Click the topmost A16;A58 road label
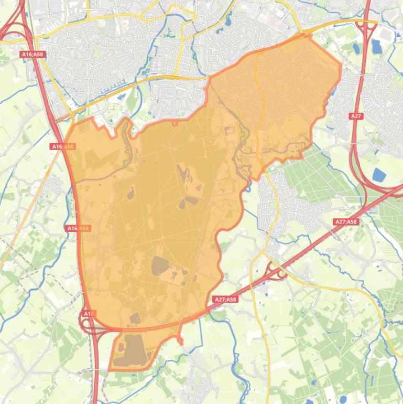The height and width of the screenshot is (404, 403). coord(32,54)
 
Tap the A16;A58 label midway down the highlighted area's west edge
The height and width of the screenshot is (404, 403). coord(79,228)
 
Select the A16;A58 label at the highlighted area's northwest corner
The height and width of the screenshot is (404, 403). coord(63,146)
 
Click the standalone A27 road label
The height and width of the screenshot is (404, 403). coord(356,116)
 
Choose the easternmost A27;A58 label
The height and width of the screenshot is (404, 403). coord(346,222)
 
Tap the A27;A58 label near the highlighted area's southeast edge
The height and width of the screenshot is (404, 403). coord(226,300)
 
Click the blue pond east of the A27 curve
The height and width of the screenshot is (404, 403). coord(378,174)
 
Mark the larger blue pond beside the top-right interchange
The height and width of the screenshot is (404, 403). coord(377,48)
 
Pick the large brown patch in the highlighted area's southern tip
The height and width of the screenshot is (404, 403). coord(132,349)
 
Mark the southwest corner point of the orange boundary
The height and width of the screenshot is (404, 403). coord(109,369)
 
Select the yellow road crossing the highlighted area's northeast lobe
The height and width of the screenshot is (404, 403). coord(257,105)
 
